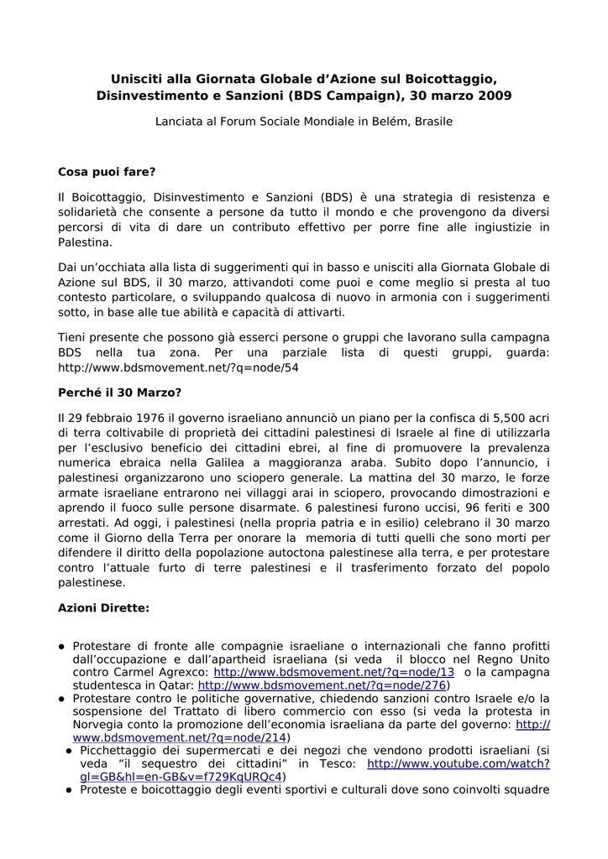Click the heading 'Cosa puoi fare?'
click(107, 172)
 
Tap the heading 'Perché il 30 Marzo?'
click(119, 392)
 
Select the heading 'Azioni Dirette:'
click(103, 607)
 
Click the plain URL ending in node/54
click(178, 367)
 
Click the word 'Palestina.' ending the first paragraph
click(85, 242)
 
